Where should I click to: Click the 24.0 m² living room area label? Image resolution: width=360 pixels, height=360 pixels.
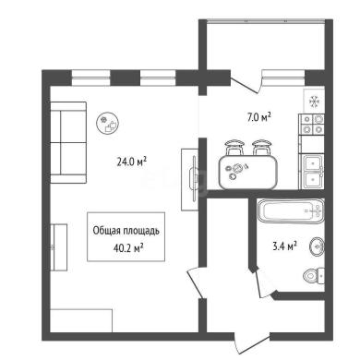click(x=131, y=161)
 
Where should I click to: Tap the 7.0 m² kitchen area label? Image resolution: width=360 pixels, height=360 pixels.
click(x=259, y=117)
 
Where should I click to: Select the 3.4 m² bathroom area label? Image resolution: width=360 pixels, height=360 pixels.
click(x=284, y=246)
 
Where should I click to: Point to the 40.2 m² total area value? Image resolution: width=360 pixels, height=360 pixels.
click(x=128, y=247)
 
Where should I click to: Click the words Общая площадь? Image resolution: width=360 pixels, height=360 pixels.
click(x=126, y=231)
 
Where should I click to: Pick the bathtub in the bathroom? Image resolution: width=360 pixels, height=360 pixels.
click(x=291, y=211)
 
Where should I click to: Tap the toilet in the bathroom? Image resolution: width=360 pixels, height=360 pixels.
click(x=314, y=275)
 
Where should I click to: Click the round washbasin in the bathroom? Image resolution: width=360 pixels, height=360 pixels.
click(x=317, y=246)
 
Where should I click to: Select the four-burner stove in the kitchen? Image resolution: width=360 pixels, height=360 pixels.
click(x=311, y=125)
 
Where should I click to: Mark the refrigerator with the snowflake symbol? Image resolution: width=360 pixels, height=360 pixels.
click(x=314, y=101)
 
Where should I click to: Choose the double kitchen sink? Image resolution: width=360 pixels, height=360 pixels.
click(x=312, y=171)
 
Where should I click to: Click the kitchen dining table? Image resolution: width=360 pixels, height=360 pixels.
click(x=248, y=173)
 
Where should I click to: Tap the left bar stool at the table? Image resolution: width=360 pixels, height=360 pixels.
click(x=234, y=147)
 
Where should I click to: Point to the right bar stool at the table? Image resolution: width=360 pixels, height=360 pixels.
click(x=262, y=147)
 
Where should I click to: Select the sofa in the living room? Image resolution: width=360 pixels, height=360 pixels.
click(x=68, y=142)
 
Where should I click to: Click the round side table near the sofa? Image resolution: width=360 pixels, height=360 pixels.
click(x=108, y=123)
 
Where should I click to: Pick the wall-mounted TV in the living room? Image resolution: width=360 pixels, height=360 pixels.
click(x=194, y=179)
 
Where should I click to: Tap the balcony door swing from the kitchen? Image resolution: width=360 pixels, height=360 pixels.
click(x=246, y=81)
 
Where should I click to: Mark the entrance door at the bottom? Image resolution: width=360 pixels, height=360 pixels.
click(x=252, y=344)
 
